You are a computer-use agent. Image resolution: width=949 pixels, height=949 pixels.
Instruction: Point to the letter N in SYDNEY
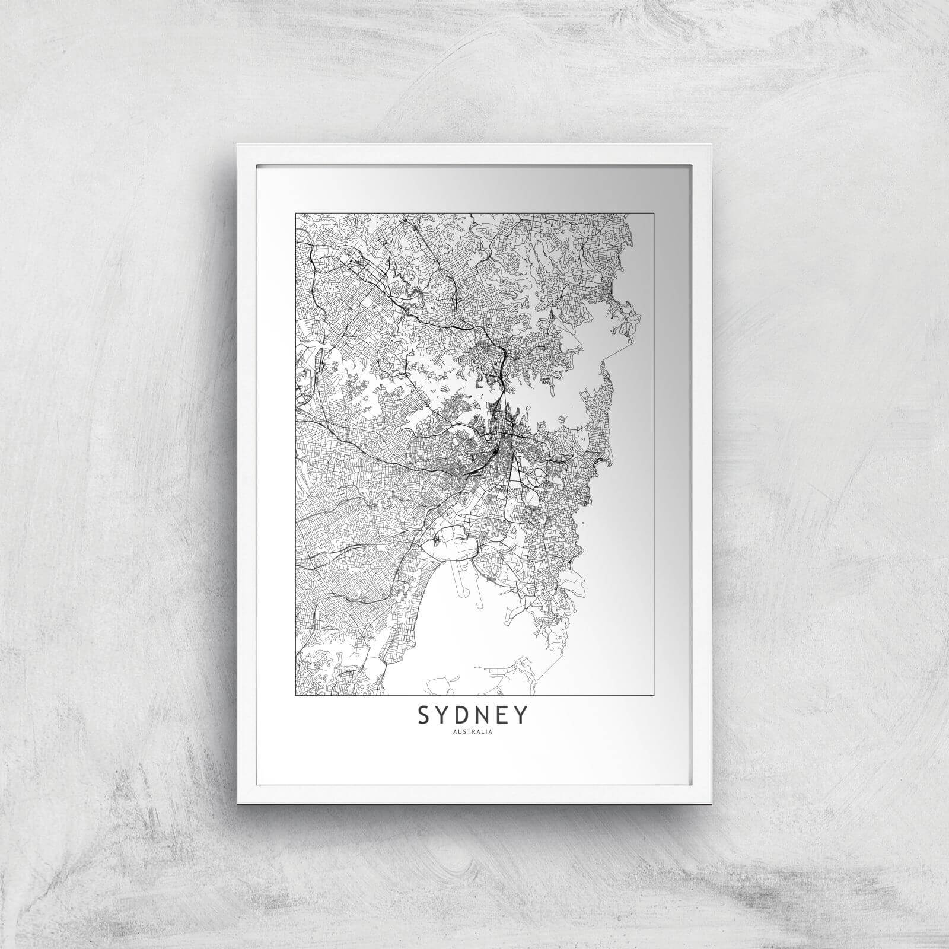483,716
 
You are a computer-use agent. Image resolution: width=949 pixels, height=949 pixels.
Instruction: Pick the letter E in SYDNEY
501,716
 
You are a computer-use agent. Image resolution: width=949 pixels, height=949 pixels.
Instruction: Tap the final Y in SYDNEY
520,716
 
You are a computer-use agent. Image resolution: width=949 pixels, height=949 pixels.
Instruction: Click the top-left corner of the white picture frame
237,144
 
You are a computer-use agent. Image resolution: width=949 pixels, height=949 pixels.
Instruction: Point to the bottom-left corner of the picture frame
238,804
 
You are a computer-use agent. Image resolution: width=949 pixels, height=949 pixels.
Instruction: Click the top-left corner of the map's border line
295,209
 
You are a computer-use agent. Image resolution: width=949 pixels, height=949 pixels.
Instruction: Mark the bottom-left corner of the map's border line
295,695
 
